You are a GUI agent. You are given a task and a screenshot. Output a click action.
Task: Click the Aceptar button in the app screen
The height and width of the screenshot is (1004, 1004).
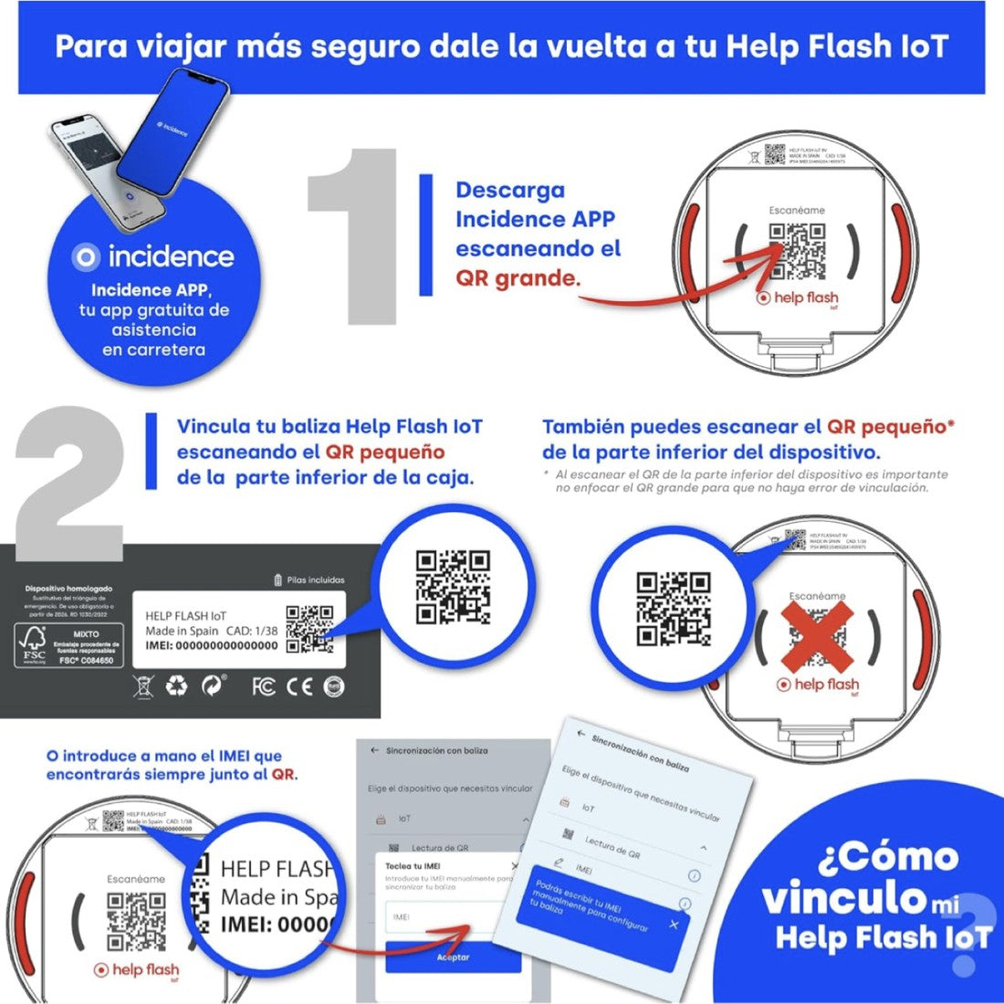[x=453, y=957]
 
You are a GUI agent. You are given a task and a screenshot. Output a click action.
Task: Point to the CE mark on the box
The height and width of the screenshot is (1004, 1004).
[x=299, y=686]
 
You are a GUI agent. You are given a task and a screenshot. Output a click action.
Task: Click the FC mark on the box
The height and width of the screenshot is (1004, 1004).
[x=264, y=686]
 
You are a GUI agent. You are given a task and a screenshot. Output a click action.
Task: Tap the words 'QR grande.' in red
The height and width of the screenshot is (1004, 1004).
[x=518, y=278]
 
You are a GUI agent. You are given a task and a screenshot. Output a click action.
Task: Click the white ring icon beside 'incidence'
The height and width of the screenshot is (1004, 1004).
[x=86, y=257]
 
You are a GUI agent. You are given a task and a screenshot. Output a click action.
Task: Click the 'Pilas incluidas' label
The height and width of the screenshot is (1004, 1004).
[x=309, y=580]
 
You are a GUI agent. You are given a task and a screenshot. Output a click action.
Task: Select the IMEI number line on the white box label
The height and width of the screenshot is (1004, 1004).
[x=211, y=645]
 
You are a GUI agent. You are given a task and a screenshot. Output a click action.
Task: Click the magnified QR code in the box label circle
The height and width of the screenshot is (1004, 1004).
[x=453, y=586]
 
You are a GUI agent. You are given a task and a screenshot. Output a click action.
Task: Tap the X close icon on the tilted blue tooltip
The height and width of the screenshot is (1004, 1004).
[x=674, y=925]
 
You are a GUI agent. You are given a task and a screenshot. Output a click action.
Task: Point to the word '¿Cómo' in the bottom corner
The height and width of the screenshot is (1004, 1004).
[x=888, y=857]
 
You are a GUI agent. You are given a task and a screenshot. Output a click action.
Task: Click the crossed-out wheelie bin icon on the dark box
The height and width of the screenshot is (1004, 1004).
[x=143, y=686]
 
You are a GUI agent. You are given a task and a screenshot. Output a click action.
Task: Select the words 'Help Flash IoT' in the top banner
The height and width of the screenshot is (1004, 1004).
[x=836, y=46]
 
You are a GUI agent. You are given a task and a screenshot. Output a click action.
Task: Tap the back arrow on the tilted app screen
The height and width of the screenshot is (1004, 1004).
[x=580, y=734]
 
